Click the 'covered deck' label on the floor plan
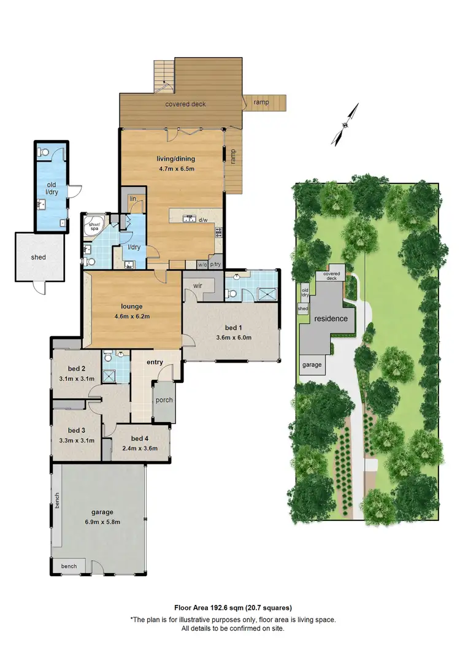click(185, 104)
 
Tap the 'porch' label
click(164, 401)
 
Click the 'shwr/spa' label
click(94, 225)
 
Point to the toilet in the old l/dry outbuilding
click(43, 151)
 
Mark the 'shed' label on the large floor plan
click(38, 258)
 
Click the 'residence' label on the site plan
click(331, 319)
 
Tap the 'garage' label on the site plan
click(312, 364)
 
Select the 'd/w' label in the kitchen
click(203, 220)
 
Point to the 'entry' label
click(155, 362)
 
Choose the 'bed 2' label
click(76, 369)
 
